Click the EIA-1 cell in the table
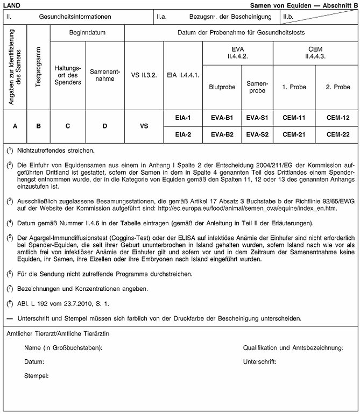182,117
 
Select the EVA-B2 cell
222,134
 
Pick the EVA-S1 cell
257,117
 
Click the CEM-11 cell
294,117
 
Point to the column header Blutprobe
222,87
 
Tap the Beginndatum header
87,33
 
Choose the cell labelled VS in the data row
144,126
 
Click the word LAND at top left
12,4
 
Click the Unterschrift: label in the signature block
260,361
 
